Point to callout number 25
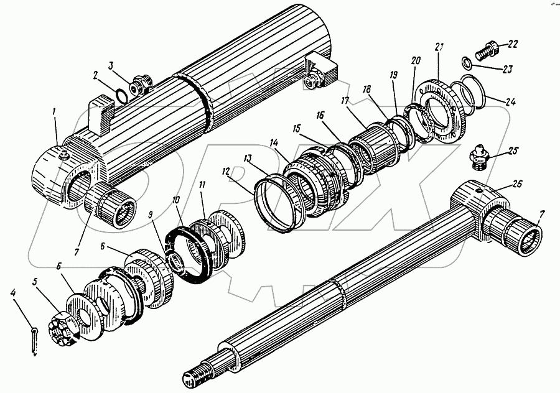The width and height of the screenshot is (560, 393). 513,151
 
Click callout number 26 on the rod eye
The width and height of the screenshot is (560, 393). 518,183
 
